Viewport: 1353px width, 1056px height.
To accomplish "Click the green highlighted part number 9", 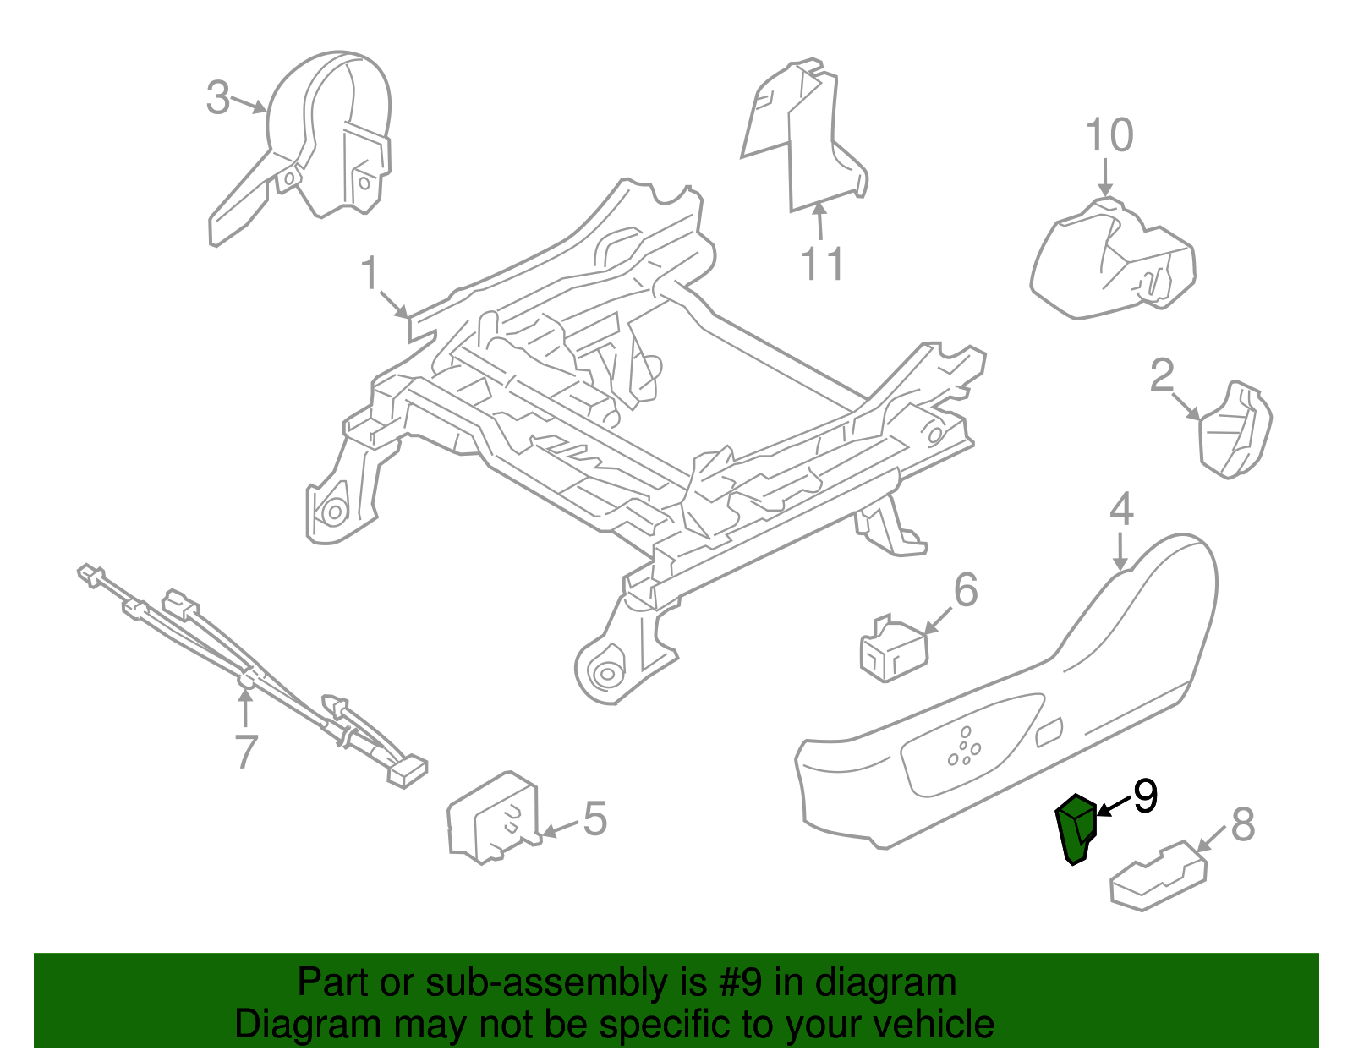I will point(1076,829).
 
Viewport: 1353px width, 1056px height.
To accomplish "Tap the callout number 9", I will point(1145,796).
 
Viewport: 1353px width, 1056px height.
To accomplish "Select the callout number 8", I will point(1242,824).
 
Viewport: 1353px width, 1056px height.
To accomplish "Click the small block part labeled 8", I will point(1157,876).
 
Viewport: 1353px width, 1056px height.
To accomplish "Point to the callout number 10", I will point(1109,136).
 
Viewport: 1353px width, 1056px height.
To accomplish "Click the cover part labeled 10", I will point(1112,262).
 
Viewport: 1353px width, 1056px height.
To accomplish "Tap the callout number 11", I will point(822,265).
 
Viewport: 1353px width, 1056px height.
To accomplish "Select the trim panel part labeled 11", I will point(803,135).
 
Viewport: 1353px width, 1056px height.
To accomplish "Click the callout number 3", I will point(218,98).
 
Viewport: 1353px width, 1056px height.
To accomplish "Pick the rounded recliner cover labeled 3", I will point(330,127).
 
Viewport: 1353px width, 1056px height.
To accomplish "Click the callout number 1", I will point(370,274).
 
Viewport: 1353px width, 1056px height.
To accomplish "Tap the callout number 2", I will point(1162,375).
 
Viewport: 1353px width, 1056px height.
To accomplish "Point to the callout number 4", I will point(1120,511).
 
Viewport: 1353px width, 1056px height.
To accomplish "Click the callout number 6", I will point(965,589).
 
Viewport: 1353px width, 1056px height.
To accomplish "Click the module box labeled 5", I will point(491,818).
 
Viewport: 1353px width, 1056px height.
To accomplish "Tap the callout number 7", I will point(244,752).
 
